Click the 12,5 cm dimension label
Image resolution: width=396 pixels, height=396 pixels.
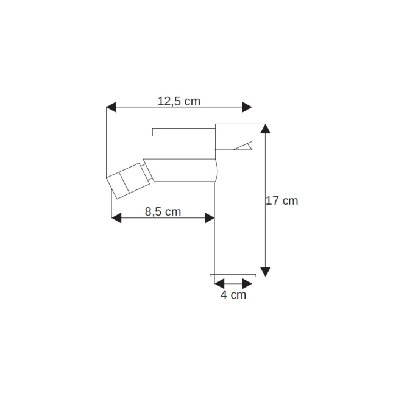pos(179,101)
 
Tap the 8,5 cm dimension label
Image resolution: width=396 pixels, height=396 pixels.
pos(163,211)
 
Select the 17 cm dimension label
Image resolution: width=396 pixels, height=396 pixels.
pos(282,201)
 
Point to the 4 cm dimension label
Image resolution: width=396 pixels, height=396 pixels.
pos(233,295)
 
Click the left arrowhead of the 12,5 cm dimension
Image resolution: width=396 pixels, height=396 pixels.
pos(111,107)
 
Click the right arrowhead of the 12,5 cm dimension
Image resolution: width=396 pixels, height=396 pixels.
pos(247,107)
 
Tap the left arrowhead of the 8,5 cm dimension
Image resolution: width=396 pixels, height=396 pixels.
pos(116,217)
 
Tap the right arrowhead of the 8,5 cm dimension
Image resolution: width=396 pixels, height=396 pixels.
pos(210,217)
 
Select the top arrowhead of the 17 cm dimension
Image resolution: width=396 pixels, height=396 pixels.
pos(265,129)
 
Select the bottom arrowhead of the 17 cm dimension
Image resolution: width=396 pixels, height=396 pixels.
pos(265,272)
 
